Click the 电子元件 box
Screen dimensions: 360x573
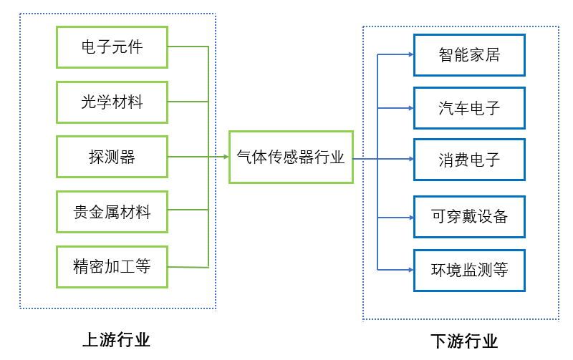tap(112, 47)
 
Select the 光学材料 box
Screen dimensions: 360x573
tap(112, 102)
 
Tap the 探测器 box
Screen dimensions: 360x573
tap(112, 157)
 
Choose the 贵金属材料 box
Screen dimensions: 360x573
tap(112, 212)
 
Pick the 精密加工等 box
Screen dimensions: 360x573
tap(112, 267)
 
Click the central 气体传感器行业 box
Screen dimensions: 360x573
tap(291, 157)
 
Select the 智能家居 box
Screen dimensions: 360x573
tap(469, 54)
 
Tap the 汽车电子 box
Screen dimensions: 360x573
tap(469, 108)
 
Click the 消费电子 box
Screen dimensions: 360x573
tap(469, 160)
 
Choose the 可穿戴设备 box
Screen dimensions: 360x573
tap(469, 216)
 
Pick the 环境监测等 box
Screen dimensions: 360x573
tap(469, 270)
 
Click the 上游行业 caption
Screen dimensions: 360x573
tap(117, 339)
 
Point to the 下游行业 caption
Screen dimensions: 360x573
tap(464, 341)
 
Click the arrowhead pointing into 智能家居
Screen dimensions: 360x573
tap(410, 54)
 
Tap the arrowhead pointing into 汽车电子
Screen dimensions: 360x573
tap(410, 108)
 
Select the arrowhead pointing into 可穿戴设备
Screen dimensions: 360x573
tap(410, 216)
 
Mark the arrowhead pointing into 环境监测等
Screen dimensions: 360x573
tap(410, 270)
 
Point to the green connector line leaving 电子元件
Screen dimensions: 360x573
tap(188, 47)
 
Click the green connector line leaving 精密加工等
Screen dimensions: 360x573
tap(188, 267)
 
